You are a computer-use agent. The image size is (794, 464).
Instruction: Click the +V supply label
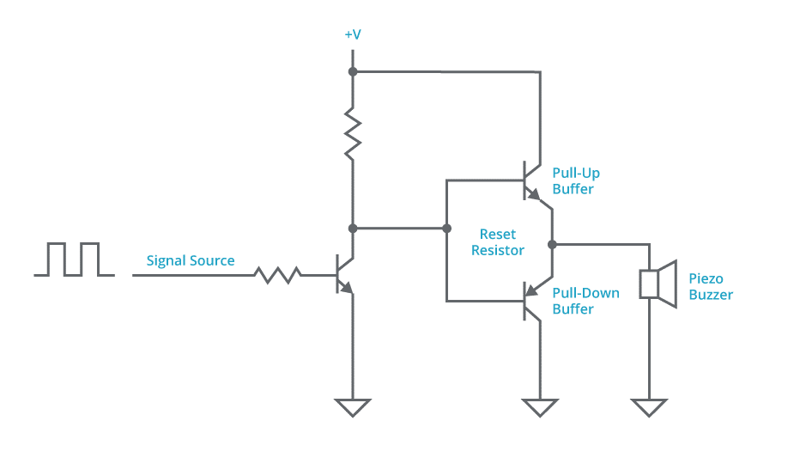353,34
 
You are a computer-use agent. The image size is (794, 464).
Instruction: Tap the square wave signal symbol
74,259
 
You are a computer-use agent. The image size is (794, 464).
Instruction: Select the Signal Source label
191,260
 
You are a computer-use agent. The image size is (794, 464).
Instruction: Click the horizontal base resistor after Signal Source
277,275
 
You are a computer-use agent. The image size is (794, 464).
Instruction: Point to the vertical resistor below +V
353,134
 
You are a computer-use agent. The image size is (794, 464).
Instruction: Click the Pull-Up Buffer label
576,181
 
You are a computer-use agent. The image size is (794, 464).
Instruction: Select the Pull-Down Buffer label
585,301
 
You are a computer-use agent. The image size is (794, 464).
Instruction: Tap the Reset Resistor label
498,242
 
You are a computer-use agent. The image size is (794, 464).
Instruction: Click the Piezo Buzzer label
711,286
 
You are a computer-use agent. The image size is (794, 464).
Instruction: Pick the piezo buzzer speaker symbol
658,284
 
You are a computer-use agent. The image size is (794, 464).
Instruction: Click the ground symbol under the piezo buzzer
649,407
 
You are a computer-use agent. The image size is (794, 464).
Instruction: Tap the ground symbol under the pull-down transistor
540,407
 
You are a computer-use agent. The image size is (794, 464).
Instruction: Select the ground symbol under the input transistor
353,407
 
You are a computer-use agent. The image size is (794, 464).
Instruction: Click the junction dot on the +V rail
353,72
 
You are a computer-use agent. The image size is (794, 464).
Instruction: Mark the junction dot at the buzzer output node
553,244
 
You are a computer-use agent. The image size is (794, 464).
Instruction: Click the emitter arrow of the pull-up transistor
533,194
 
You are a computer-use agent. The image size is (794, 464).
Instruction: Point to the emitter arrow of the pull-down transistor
530,290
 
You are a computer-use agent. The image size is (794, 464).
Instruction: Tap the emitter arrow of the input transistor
346,288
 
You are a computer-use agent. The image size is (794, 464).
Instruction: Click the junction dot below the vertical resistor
353,229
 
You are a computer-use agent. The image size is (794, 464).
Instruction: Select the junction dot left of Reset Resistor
446,229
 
